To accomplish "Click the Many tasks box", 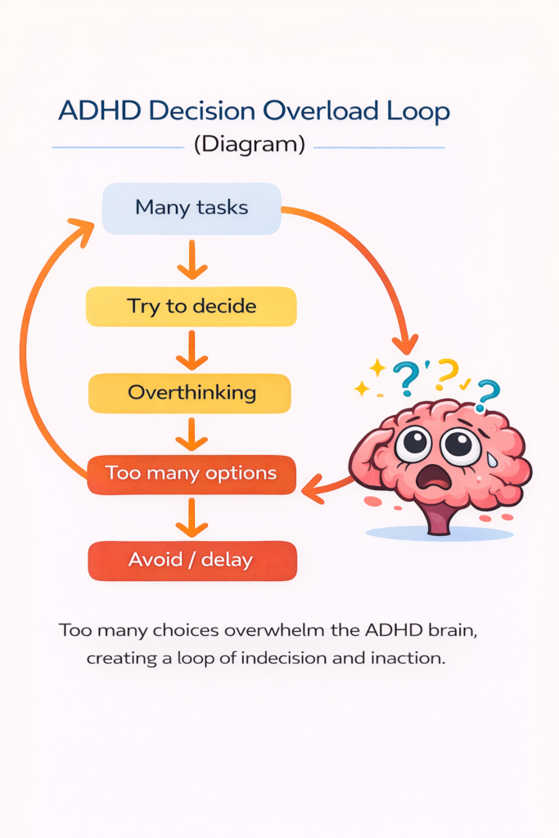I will [x=192, y=208].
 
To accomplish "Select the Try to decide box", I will [x=192, y=307].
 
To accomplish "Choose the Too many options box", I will [x=191, y=474].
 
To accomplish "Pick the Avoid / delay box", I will [x=191, y=561].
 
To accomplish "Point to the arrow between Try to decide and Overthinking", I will [x=192, y=350].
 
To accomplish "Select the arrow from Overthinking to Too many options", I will [x=192, y=434].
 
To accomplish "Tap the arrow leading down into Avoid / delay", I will [x=192, y=517].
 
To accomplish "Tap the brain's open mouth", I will [x=432, y=478].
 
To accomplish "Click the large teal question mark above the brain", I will [x=406, y=376].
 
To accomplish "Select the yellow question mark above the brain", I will [x=447, y=372].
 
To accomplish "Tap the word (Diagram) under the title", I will [x=249, y=146].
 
